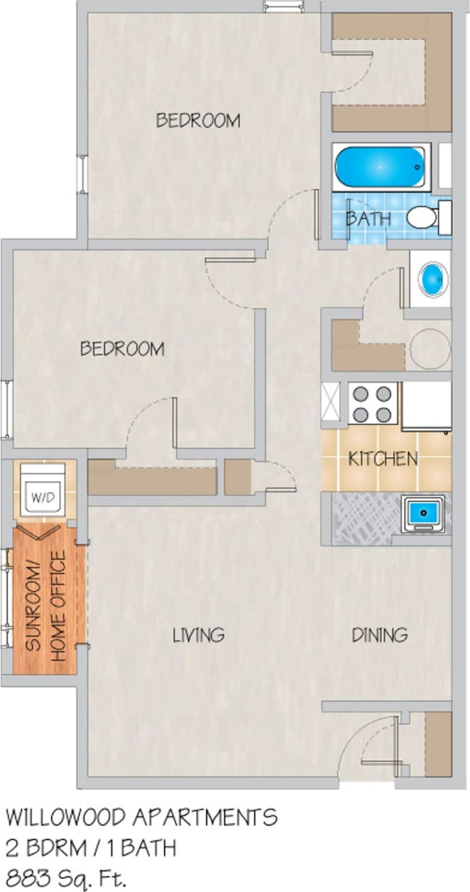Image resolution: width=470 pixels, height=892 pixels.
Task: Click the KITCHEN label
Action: click(x=383, y=459)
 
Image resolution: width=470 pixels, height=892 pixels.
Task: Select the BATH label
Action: click(x=368, y=218)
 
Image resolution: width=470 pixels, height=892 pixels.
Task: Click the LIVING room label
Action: click(x=199, y=635)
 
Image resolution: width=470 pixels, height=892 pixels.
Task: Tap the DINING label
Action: click(x=380, y=635)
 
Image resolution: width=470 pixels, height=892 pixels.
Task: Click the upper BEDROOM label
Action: click(x=198, y=121)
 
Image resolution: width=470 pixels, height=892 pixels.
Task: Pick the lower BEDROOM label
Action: click(x=121, y=349)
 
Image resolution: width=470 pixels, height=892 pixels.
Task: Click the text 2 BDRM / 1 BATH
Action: click(x=91, y=847)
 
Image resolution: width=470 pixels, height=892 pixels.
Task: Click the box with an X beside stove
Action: click(x=332, y=404)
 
